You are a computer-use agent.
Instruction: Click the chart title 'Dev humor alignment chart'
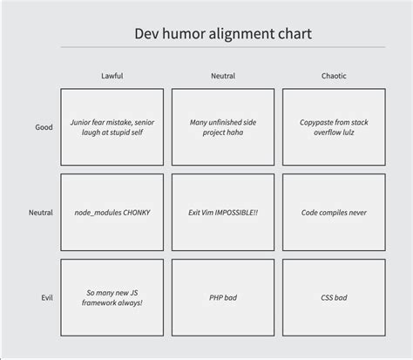223,34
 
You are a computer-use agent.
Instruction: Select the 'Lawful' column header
112,76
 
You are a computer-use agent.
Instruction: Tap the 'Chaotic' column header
334,76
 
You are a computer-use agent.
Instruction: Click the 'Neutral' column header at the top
223,76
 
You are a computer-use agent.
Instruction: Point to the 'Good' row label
44,127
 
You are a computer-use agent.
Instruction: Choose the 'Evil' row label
46,298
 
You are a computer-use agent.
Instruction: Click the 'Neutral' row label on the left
41,213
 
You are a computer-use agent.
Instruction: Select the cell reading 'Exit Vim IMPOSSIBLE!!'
223,213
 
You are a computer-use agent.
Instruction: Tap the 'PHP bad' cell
223,298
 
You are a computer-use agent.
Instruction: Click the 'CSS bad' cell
334,298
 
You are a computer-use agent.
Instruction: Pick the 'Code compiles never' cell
334,213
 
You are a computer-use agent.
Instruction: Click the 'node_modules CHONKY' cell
112,213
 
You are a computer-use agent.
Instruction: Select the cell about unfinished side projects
223,127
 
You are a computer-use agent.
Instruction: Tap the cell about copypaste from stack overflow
334,127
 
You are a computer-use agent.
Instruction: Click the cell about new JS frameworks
112,298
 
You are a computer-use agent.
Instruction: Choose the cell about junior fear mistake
112,127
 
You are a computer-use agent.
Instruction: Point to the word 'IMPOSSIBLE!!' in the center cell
236,213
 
